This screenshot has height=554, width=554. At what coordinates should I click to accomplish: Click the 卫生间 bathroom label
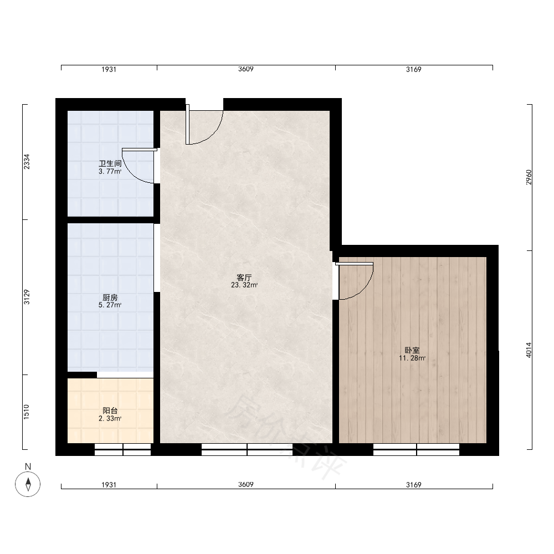pos(110,163)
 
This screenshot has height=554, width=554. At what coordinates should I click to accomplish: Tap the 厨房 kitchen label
pos(110,297)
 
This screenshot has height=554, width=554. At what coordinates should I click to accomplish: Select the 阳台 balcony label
pos(110,411)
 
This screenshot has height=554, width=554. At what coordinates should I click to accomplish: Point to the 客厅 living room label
pos(244,278)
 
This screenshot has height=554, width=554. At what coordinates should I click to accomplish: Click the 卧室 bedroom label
pos(412,351)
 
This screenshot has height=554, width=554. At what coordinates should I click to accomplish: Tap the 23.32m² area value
pos(244,285)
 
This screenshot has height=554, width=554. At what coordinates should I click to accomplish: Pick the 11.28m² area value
pos(412,358)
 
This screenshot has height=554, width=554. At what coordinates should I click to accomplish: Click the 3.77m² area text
pos(110,171)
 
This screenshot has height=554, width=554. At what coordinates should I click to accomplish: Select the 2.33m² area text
pos(110,418)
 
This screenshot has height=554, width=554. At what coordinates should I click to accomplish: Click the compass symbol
pos(28,484)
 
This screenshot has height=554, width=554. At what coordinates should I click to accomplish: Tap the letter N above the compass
pos(28,466)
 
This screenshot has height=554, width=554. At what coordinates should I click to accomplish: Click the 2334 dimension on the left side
pos(27,161)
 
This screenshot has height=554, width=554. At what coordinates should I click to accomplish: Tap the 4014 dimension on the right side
pos(529,350)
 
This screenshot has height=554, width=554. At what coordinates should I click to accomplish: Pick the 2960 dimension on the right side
pos(529,177)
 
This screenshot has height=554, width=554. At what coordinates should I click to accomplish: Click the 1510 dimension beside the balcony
pos(27,412)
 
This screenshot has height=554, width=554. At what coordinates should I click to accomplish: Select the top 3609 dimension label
pos(245,69)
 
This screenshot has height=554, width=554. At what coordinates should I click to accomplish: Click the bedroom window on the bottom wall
pos(416,449)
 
